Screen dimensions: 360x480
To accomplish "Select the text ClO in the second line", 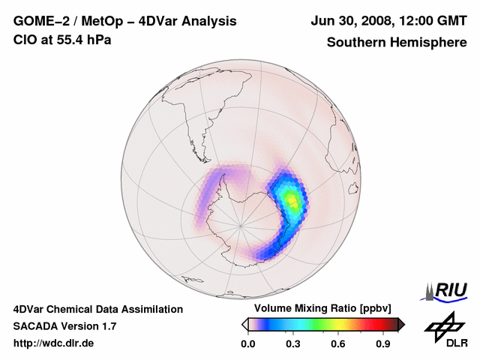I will pos(23,39).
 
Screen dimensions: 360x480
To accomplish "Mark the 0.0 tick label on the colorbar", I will pos(247,344).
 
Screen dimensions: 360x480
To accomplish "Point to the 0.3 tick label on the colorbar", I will pos(292,344).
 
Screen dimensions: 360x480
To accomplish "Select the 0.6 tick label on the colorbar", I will pos(337,344).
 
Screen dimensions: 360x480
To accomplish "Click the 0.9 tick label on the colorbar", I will pos(382,344).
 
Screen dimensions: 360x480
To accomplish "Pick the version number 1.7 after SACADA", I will pos(108,327).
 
